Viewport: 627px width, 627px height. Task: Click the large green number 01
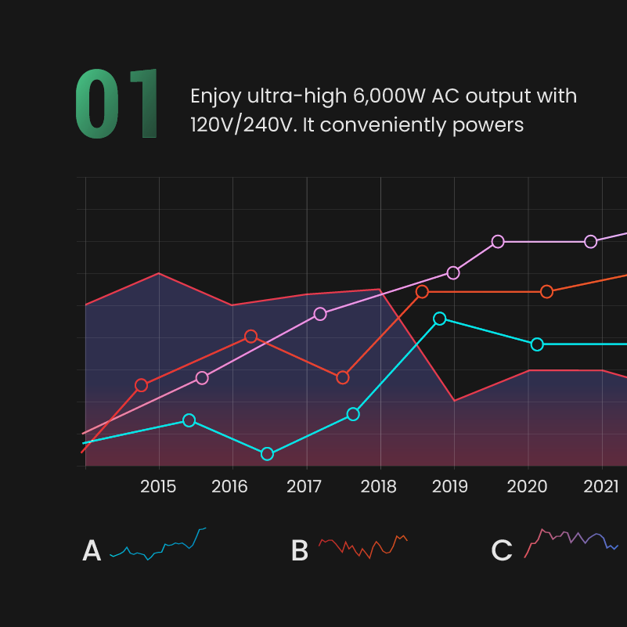click(116, 105)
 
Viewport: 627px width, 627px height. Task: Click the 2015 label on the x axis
click(159, 487)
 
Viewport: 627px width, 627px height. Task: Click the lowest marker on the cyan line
click(267, 454)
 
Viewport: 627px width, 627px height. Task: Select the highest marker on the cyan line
click(440, 319)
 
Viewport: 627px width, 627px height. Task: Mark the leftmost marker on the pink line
click(202, 378)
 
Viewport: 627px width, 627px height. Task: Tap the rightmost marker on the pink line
click(591, 241)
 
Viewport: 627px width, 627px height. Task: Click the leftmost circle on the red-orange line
click(141, 385)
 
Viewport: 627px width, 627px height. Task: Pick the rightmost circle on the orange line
click(547, 291)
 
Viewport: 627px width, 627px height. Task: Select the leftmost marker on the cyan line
click(189, 420)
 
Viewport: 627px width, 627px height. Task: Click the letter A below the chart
click(92, 551)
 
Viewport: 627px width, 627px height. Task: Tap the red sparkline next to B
click(362, 546)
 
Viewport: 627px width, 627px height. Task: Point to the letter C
click(502, 551)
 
